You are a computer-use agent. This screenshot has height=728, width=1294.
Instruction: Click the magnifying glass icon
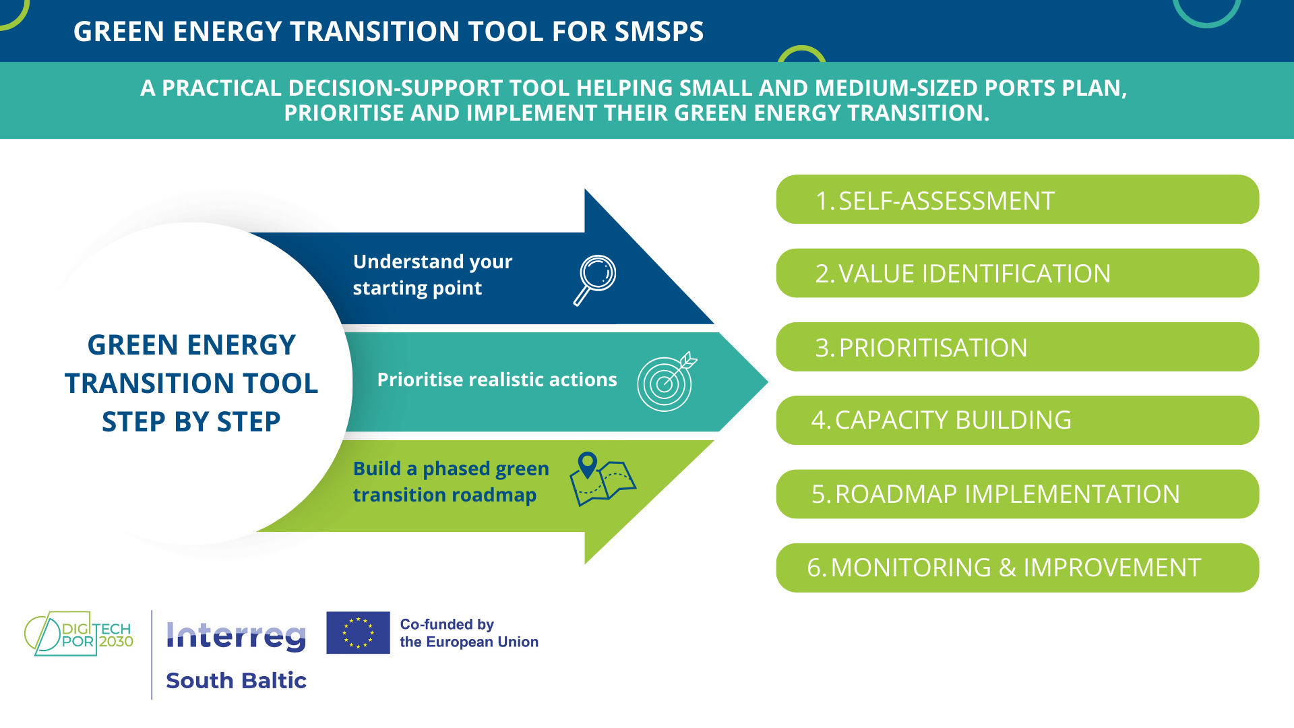(x=595, y=279)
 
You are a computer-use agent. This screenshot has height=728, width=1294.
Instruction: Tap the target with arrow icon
(x=666, y=382)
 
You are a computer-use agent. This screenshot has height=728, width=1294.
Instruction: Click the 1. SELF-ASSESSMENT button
(x=1017, y=200)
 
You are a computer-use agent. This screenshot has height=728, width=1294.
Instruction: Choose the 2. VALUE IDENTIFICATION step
(x=1017, y=273)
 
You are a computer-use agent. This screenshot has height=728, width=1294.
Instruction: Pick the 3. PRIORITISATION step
(x=1017, y=347)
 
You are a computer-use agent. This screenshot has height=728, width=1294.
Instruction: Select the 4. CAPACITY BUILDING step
(x=1017, y=420)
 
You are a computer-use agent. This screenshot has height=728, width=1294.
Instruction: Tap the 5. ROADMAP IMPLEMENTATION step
(x=1017, y=494)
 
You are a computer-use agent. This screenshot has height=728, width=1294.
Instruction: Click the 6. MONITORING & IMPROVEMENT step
(x=1017, y=568)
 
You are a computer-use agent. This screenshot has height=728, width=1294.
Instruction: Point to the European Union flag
(x=358, y=633)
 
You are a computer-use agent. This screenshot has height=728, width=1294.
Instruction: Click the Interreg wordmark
(x=236, y=636)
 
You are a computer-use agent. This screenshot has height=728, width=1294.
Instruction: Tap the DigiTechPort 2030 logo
(x=79, y=634)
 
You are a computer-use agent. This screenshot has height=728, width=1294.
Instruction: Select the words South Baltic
(x=236, y=681)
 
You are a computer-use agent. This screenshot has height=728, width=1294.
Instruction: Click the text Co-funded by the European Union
(x=469, y=633)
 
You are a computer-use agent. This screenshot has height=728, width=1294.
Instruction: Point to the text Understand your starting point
(x=432, y=274)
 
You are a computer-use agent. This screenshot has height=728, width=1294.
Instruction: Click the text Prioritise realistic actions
(x=497, y=380)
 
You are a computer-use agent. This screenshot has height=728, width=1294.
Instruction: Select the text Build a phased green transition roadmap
(x=450, y=481)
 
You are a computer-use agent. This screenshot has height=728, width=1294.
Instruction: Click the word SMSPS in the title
(x=658, y=32)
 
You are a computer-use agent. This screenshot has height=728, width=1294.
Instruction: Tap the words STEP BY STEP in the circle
(x=191, y=422)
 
